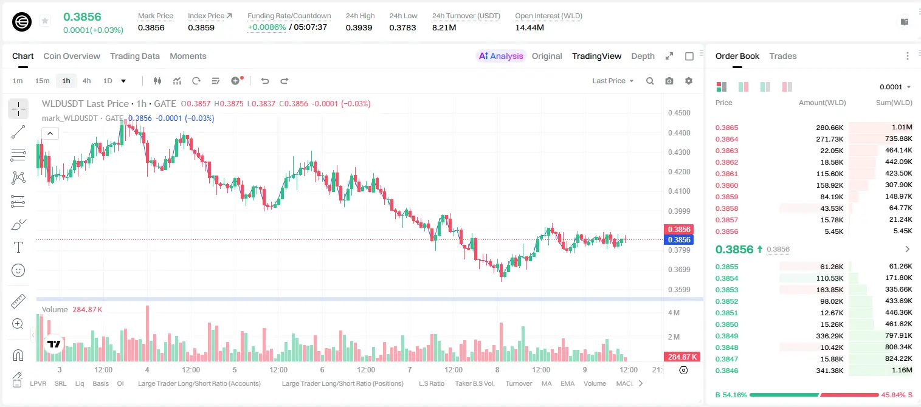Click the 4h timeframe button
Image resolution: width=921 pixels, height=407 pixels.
point(86,81)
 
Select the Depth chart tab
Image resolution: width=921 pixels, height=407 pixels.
point(643,56)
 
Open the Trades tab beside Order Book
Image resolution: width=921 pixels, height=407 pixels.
point(783,56)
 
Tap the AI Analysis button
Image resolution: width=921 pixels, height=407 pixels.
point(501,56)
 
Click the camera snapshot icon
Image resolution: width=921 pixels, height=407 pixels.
point(669,81)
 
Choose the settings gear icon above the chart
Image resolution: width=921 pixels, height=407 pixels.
point(689,81)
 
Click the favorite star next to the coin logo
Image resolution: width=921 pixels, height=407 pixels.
point(45,21)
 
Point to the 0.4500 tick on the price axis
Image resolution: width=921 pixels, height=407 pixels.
point(679,113)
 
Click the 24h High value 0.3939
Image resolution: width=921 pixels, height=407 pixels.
point(359,27)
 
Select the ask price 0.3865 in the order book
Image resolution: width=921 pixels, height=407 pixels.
point(726,128)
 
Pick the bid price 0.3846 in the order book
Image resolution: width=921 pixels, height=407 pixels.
point(726,371)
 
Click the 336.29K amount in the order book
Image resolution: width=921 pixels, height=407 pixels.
point(830,336)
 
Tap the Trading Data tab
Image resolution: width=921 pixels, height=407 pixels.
point(135,56)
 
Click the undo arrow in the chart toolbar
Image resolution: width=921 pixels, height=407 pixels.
point(265,81)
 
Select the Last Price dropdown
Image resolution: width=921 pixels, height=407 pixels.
point(613,81)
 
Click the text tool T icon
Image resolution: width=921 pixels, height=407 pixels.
point(18,247)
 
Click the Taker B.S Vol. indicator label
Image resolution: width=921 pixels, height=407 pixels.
point(474,383)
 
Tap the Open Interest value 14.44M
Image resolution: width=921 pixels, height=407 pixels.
point(529,27)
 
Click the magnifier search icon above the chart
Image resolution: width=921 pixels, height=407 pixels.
point(650,81)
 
